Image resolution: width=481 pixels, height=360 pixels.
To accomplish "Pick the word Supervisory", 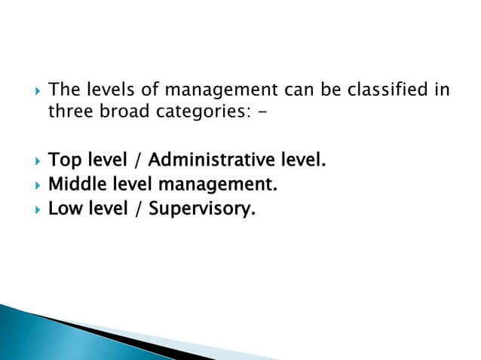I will [202, 209].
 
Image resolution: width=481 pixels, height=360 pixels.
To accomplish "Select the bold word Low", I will [62, 208].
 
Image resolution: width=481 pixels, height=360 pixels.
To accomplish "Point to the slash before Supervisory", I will [139, 209].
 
